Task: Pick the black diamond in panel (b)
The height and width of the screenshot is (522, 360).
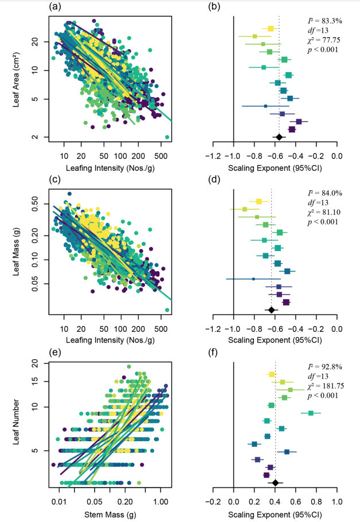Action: coord(279,137)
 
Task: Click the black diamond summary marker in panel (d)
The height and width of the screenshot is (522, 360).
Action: coord(272,310)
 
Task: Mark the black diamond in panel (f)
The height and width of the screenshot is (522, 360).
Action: coord(275,483)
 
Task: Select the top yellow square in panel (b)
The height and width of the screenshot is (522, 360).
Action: coord(271,28)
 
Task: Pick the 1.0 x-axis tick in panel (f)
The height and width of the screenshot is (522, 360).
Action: coord(337,500)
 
